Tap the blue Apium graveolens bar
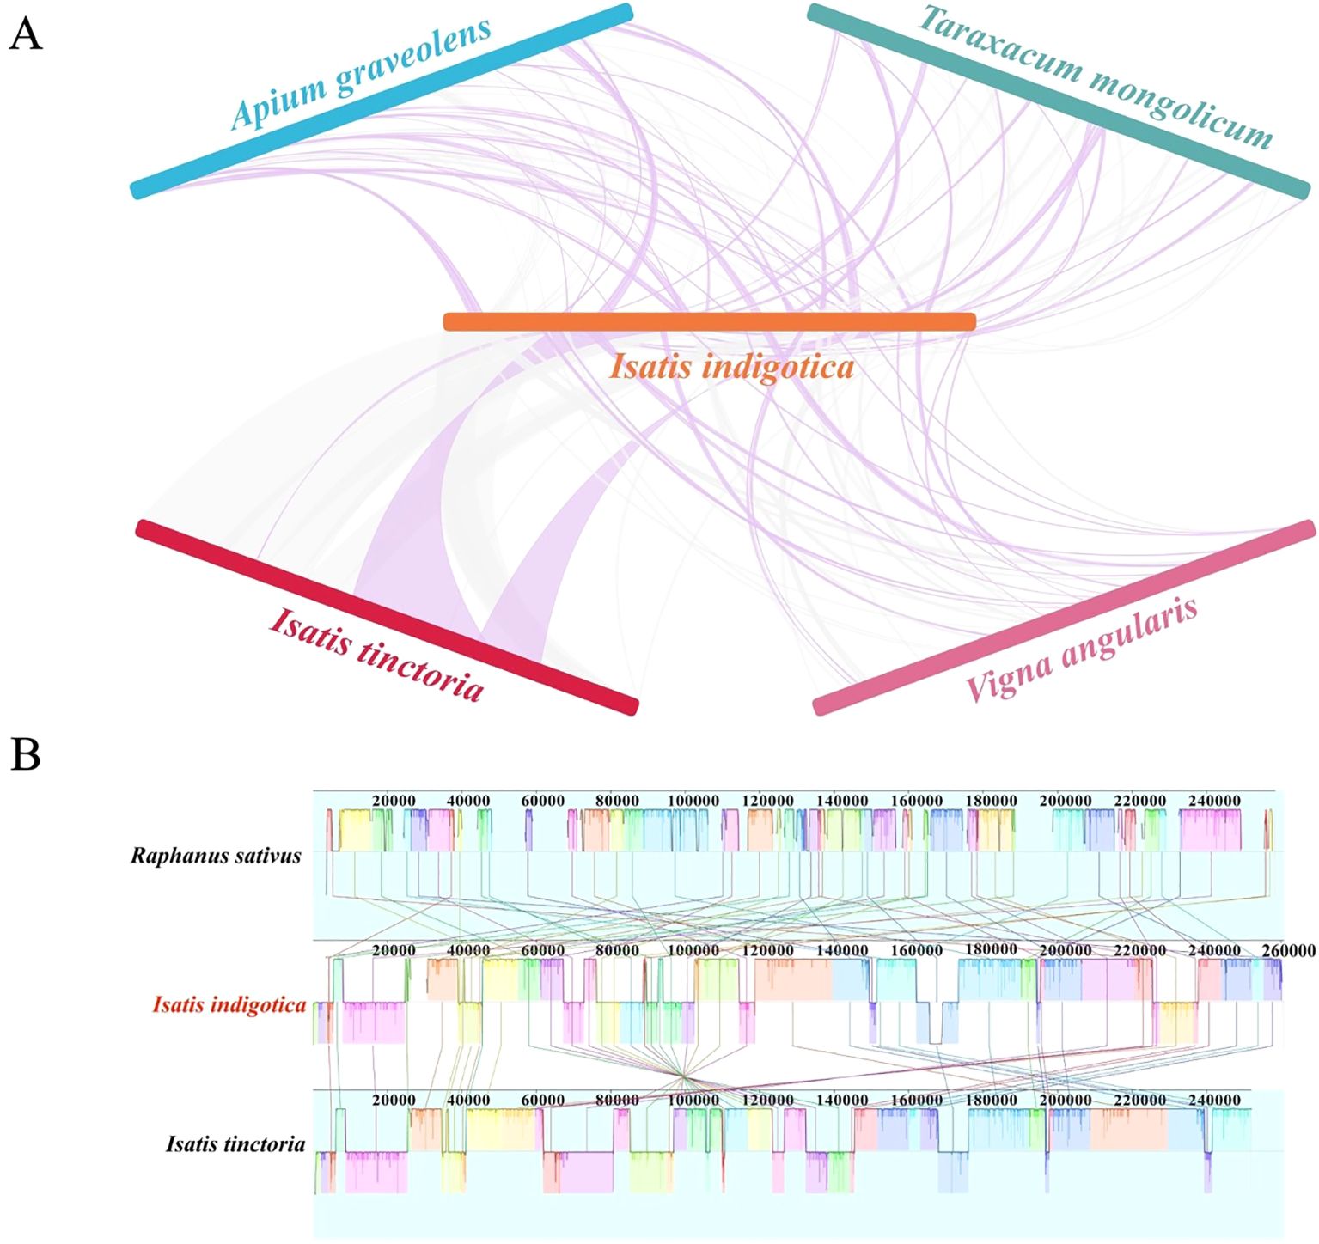pyautogui.click(x=382, y=101)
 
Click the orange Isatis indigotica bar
pyautogui.click(x=709, y=322)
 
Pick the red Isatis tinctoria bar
pyautogui.click(x=387, y=617)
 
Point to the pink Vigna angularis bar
pyautogui.click(x=1064, y=617)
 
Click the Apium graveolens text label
pyautogui.click(x=361, y=73)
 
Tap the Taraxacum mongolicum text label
pyautogui.click(x=1096, y=76)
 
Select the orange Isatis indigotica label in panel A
pyautogui.click(x=732, y=367)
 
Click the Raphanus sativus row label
pyautogui.click(x=216, y=856)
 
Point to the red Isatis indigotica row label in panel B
pyautogui.click(x=229, y=1004)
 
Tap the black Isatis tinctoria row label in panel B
pyautogui.click(x=235, y=1144)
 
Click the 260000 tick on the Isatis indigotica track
pyautogui.click(x=1288, y=950)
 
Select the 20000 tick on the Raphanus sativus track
pyautogui.click(x=394, y=801)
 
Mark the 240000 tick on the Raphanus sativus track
pyautogui.click(x=1214, y=801)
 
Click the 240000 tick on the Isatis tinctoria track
pyautogui.click(x=1214, y=1101)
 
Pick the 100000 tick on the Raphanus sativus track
pyautogui.click(x=693, y=801)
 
